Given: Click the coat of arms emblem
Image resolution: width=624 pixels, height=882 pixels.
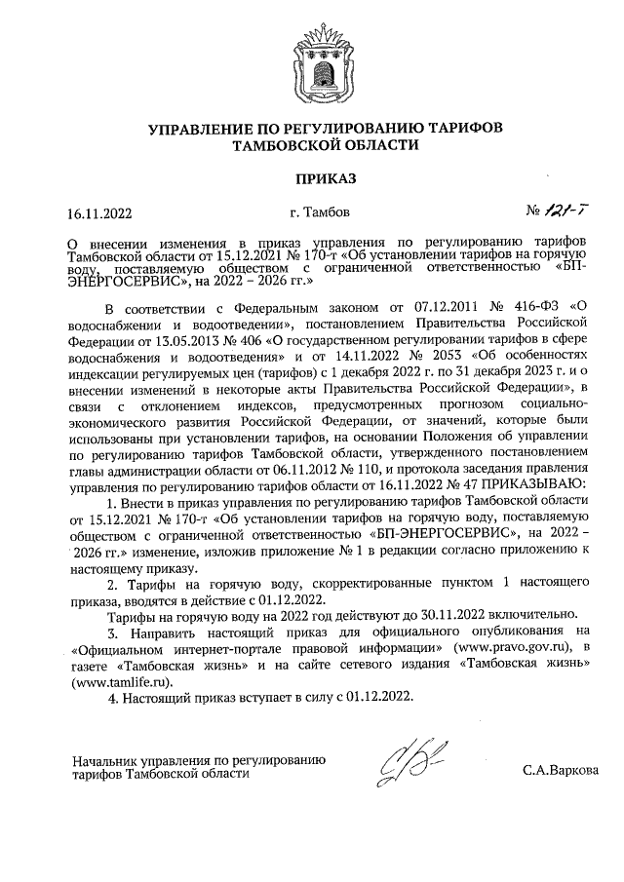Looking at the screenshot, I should pos(312,61).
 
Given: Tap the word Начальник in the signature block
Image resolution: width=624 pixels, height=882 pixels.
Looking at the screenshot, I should pos(106,758).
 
